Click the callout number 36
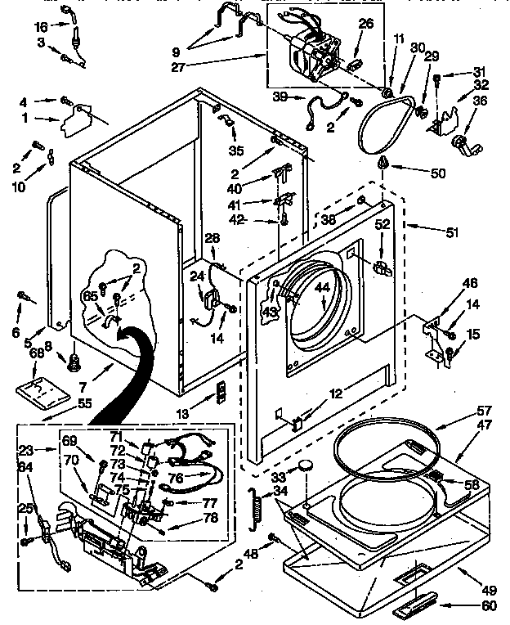pyautogui.click(x=481, y=101)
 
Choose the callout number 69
pyautogui.click(x=70, y=440)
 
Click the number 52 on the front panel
pyautogui.click(x=382, y=223)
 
